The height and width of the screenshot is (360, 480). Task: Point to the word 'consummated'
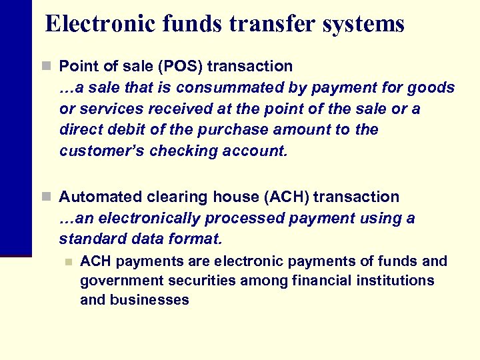point(221,87)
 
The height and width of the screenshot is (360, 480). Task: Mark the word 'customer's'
point(101,151)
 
